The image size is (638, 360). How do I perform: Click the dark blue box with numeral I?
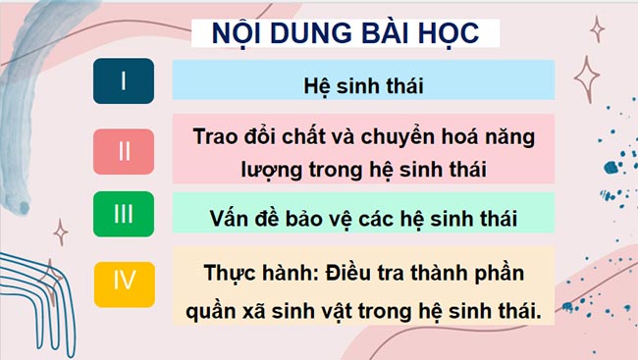(124, 80)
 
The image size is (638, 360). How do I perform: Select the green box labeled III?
(124, 214)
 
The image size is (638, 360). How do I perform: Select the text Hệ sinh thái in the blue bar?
(362, 83)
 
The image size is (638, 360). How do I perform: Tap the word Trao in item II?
(216, 136)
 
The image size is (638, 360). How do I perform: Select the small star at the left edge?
(61, 232)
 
